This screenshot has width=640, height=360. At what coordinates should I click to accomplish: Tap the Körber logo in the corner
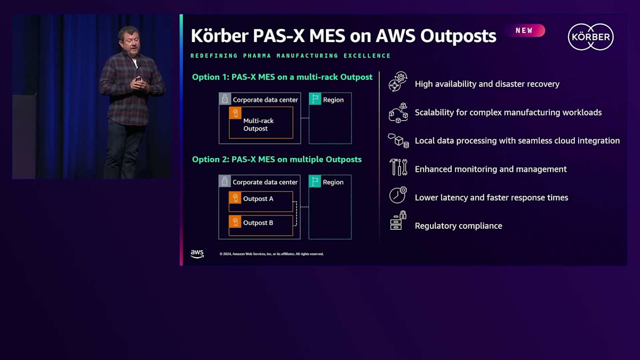590,37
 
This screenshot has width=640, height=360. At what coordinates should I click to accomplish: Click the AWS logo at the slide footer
197,254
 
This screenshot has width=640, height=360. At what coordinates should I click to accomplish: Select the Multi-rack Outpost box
261,123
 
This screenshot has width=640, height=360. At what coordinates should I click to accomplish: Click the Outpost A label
258,199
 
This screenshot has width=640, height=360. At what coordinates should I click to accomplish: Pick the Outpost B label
258,223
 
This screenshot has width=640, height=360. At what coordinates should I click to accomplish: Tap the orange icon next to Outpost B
235,222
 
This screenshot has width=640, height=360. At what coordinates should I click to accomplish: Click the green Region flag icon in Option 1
315,99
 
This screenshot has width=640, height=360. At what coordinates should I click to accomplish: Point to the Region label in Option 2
333,182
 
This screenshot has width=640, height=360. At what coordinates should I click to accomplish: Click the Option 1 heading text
282,77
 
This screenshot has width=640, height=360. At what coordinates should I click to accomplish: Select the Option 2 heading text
277,159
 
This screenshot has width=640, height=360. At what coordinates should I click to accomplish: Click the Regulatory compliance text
458,226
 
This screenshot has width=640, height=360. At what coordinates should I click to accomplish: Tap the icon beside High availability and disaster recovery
397,82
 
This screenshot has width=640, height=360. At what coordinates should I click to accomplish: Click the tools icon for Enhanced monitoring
398,167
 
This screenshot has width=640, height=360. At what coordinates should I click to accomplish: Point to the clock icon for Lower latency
397,195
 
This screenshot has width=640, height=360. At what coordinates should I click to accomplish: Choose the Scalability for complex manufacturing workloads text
508,113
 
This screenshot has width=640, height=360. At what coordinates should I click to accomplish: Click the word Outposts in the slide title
458,36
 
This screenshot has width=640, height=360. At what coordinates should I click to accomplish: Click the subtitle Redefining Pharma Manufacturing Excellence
291,56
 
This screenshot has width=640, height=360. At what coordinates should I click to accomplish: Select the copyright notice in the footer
271,254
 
